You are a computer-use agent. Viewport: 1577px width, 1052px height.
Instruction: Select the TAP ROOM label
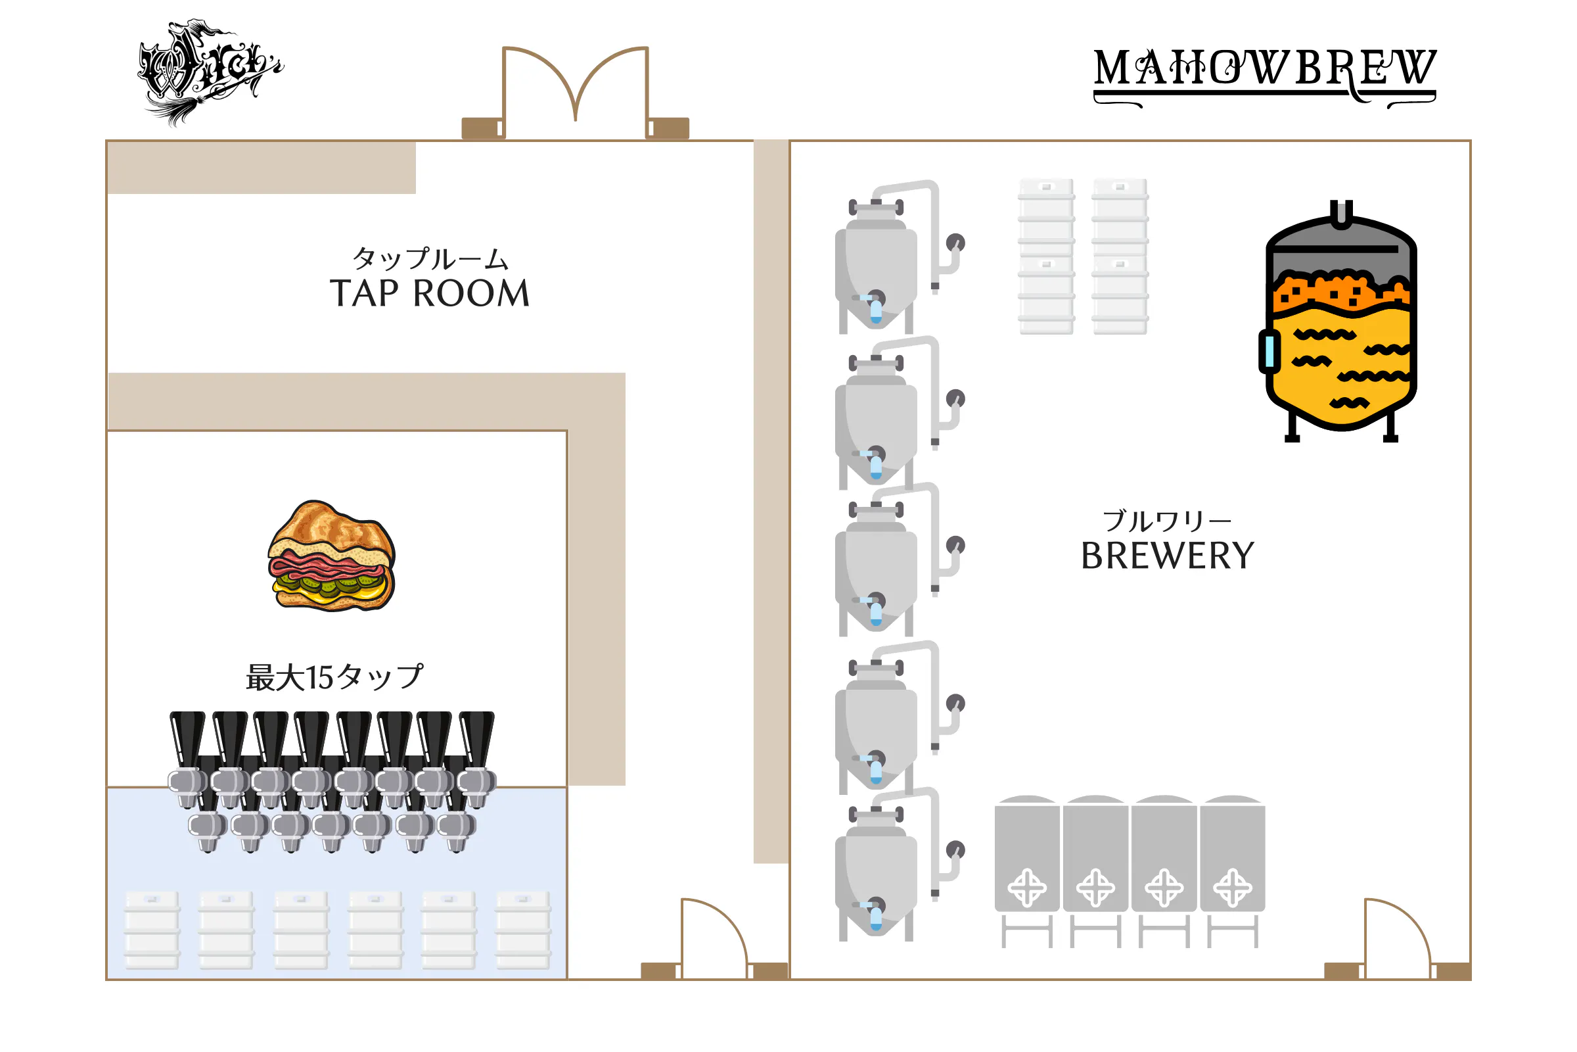point(430,293)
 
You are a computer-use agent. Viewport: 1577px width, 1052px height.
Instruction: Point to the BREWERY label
point(1168,556)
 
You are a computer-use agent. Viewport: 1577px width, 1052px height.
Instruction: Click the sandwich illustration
point(331,557)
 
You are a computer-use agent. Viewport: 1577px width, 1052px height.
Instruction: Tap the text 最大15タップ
point(334,677)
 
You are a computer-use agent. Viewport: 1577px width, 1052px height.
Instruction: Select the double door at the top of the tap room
point(576,91)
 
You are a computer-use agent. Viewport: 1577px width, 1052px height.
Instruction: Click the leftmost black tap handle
point(188,738)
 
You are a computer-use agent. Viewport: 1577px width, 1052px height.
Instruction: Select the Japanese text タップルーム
point(430,258)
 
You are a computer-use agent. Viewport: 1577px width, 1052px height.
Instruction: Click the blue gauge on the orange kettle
point(1269,351)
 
